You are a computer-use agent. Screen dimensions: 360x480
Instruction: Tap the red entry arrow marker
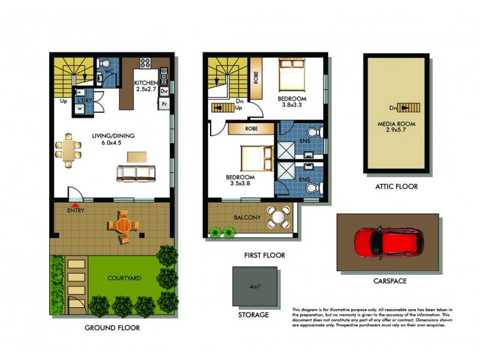click(73, 206)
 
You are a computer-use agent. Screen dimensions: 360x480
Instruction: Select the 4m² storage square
click(255, 286)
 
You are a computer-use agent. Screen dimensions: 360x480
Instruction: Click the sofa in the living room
click(135, 174)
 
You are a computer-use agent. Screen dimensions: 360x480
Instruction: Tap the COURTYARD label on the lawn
click(124, 278)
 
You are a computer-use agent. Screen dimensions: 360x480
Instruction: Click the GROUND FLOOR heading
click(112, 328)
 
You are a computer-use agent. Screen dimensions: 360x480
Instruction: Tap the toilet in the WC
click(105, 64)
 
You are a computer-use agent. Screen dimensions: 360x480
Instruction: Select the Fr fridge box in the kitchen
click(163, 104)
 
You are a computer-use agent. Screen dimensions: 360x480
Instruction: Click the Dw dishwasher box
click(163, 91)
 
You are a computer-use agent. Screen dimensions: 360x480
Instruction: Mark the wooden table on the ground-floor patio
click(124, 226)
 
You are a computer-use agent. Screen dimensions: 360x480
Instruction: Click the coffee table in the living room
click(136, 157)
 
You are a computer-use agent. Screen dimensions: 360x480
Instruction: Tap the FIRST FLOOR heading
click(264, 255)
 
